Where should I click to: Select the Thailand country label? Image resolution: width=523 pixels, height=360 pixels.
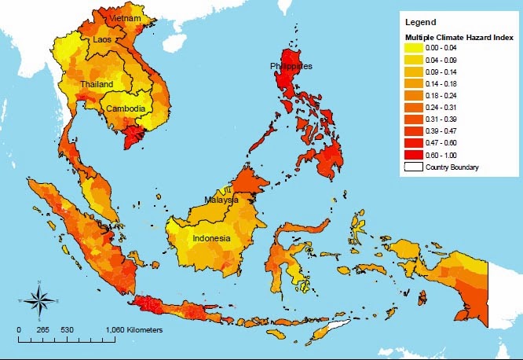(x=96, y=84)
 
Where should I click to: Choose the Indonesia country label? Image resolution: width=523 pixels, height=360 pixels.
(x=212, y=238)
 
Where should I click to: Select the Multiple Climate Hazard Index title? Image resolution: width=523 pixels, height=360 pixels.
(x=459, y=37)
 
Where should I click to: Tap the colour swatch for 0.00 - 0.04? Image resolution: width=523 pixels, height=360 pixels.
(x=414, y=48)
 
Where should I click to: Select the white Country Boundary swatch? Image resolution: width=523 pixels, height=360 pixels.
(x=414, y=167)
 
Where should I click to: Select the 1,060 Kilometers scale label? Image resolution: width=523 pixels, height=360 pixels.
(x=133, y=329)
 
